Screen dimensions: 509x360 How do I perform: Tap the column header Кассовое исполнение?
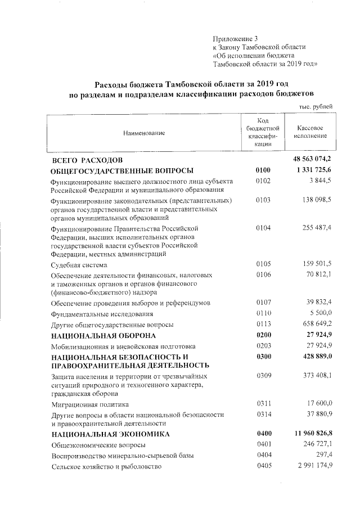click(310, 133)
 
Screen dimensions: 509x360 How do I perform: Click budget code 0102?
click(263, 181)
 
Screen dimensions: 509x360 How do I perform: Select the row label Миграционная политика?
click(90, 404)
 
